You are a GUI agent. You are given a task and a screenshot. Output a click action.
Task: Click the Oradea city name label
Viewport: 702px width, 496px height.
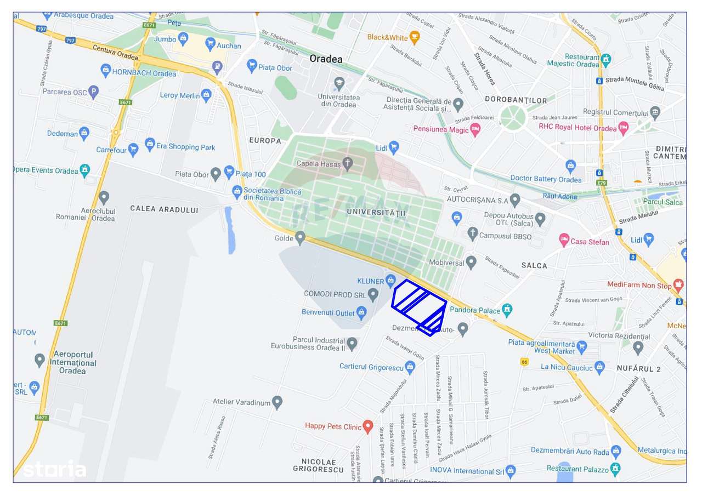coord(326,59)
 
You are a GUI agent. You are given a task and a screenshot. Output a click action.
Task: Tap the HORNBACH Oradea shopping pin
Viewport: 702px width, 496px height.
coord(106,70)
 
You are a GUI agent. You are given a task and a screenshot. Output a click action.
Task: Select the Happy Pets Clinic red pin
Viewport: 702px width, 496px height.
coord(368,426)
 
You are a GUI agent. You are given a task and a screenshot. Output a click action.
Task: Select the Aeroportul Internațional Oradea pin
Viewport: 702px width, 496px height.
coord(39,360)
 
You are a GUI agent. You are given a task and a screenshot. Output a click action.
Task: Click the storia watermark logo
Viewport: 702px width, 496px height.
coord(54,470)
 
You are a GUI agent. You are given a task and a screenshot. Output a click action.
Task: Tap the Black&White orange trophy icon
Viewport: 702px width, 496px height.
coord(415,37)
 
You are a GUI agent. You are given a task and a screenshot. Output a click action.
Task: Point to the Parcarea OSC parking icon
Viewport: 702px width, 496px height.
coord(94,92)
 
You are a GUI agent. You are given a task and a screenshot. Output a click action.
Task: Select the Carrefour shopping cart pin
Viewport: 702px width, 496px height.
coord(134,149)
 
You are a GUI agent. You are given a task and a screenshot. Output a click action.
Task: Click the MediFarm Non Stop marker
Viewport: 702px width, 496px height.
coord(679,284)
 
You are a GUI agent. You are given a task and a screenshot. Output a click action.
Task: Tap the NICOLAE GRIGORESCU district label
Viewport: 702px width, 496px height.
coord(318,465)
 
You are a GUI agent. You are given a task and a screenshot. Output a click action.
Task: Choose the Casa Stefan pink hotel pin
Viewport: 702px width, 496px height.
coord(564,240)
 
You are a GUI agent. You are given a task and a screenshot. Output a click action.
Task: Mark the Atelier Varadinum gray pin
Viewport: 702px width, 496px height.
coord(278,403)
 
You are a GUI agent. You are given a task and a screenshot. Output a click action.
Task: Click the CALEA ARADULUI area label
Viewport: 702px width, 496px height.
coord(165,209)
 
